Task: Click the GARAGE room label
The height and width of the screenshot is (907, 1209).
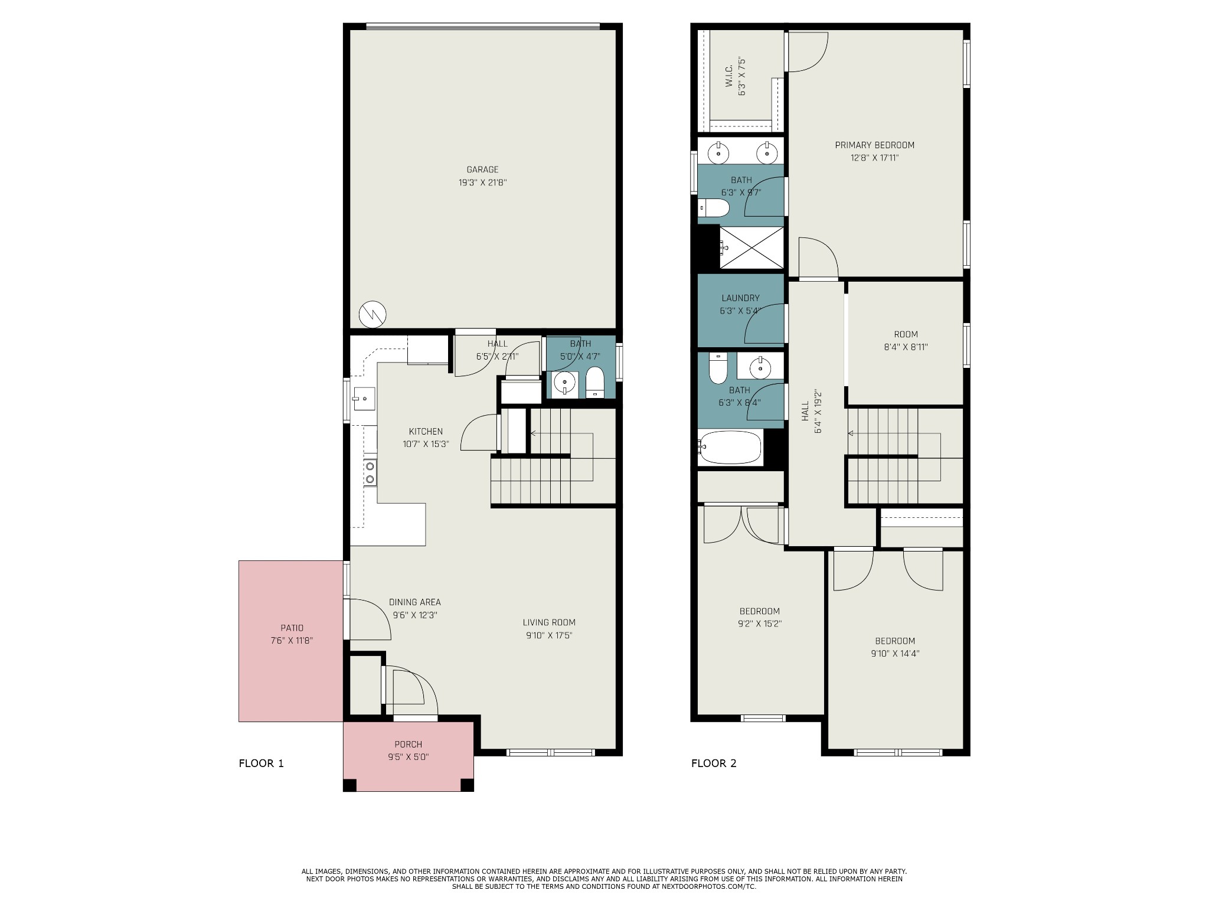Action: click(482, 170)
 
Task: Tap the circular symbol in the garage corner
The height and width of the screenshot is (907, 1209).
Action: click(372, 314)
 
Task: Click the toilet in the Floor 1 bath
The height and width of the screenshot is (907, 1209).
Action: click(594, 382)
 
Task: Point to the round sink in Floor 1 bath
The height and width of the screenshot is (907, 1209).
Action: click(565, 383)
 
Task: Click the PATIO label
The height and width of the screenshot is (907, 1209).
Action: click(292, 628)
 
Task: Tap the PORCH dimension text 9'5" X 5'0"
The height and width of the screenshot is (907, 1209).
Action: click(408, 756)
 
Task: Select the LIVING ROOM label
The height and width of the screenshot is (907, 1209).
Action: click(549, 622)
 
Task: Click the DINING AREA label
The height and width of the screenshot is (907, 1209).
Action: click(414, 602)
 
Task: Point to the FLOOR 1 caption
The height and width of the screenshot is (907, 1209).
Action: click(261, 763)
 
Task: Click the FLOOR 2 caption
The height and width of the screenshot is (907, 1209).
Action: click(714, 763)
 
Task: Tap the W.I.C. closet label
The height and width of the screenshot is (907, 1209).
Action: click(728, 77)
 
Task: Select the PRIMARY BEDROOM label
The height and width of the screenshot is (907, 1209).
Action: click(874, 145)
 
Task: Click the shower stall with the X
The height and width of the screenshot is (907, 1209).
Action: click(751, 247)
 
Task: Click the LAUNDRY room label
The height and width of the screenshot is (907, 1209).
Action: click(740, 298)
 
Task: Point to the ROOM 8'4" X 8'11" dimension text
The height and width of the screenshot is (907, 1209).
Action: click(906, 347)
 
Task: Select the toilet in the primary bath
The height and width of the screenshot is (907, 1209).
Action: click(714, 208)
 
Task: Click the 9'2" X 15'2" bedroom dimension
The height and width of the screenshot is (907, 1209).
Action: click(760, 624)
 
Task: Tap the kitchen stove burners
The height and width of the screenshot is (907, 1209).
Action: click(370, 472)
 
